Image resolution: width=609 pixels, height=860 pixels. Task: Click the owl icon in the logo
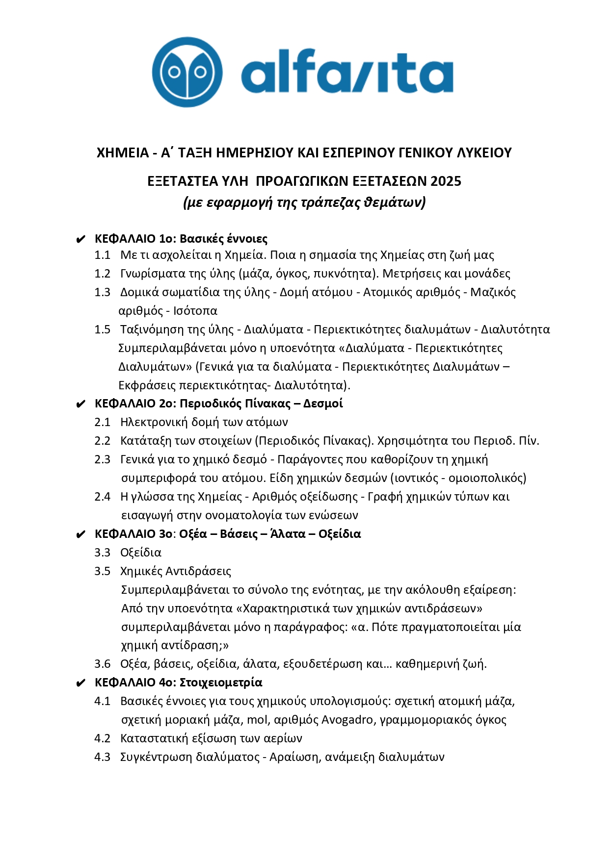tap(187, 72)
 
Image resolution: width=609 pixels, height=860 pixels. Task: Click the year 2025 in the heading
tap(446, 181)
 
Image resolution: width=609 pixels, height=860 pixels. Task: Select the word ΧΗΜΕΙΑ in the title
tap(123, 153)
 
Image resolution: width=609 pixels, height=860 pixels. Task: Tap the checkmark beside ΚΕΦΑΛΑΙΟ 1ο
tap(81, 240)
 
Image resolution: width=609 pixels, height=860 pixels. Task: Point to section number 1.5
tap(103, 329)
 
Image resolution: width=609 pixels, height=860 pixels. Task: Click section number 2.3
tap(103, 459)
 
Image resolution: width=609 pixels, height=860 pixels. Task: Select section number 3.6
tap(103, 664)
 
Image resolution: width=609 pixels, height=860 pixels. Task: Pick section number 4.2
tap(103, 738)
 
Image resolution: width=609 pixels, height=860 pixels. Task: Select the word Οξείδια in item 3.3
tap(141, 553)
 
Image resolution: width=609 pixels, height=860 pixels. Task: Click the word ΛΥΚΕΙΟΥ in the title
tap(484, 153)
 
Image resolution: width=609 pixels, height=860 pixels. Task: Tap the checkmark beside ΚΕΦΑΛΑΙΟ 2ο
tap(81, 405)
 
